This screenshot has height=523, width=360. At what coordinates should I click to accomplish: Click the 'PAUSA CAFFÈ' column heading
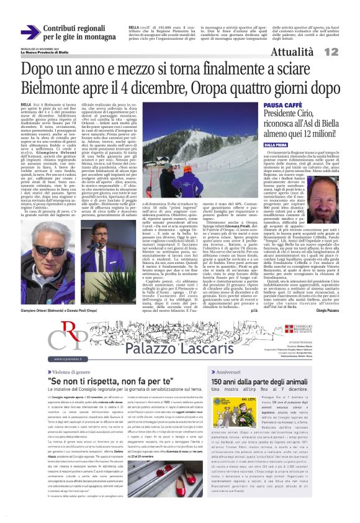283,106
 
